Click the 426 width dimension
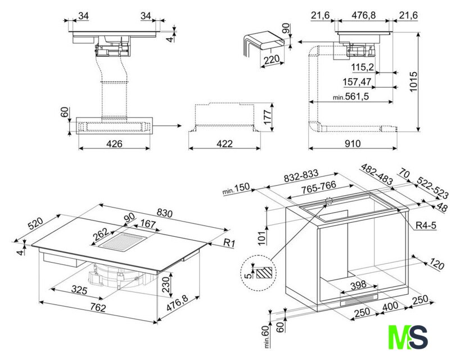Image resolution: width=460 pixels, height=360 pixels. (114, 144)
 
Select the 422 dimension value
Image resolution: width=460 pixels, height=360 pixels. (224, 143)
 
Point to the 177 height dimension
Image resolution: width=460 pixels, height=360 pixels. (268, 118)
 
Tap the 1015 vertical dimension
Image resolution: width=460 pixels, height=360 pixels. (413, 82)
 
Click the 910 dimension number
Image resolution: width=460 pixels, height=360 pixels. (353, 143)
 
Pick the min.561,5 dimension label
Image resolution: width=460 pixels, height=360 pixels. (351, 96)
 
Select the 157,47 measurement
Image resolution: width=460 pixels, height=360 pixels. (357, 82)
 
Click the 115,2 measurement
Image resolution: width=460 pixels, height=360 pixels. (363, 67)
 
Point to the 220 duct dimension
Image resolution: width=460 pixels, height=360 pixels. (272, 60)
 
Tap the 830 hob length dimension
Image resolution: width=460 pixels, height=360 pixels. (165, 213)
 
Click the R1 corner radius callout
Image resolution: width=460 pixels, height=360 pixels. (229, 242)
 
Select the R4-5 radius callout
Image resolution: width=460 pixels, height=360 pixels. (426, 226)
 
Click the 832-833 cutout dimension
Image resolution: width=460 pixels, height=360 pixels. (301, 177)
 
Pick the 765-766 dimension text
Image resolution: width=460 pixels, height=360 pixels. (319, 187)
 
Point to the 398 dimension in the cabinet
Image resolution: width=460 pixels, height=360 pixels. (358, 284)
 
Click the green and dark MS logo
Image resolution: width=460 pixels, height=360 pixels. (408, 337)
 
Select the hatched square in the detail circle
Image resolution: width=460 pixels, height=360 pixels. (264, 273)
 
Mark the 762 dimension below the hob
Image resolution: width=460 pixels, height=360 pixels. (98, 307)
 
